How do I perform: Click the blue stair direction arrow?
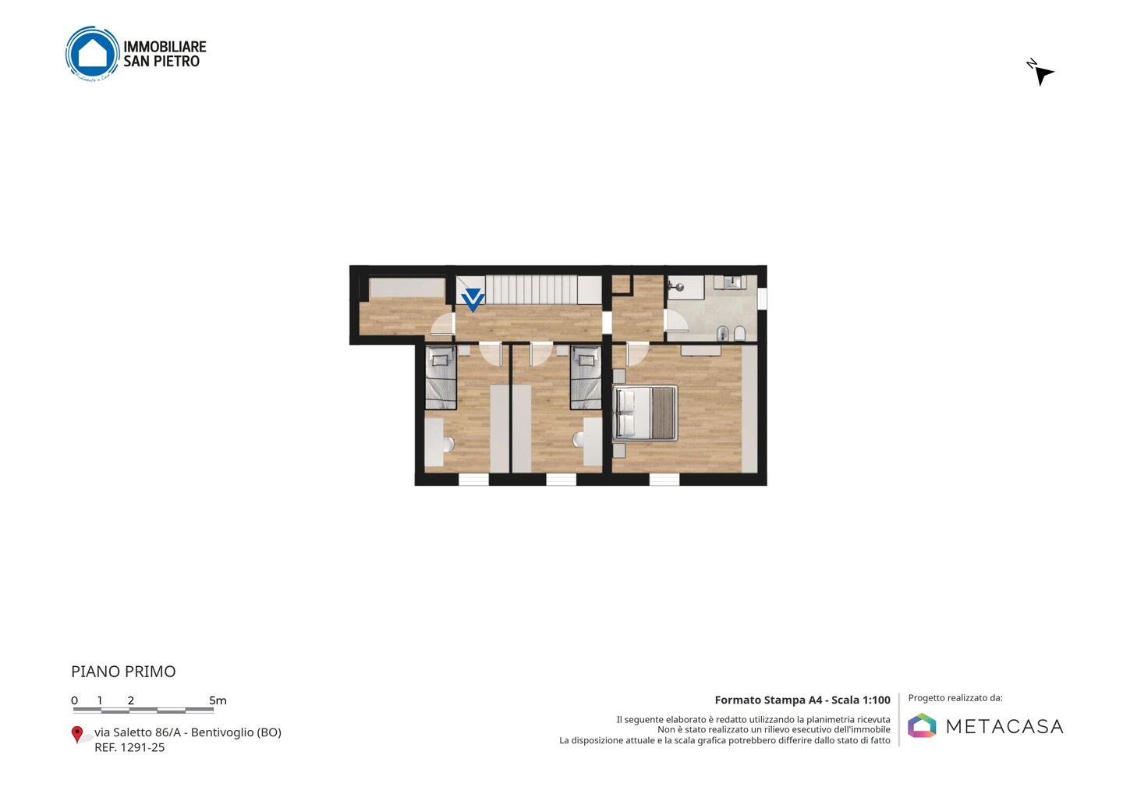[x=473, y=300]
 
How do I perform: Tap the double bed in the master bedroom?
[x=645, y=413]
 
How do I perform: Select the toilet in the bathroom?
[x=739, y=333]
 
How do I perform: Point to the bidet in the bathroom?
[x=722, y=333]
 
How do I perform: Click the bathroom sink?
[x=731, y=282]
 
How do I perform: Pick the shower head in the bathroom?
[x=678, y=287]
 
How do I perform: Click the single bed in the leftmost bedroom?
[x=441, y=378]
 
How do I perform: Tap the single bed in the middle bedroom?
[x=586, y=378]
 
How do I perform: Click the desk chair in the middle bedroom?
[x=578, y=440]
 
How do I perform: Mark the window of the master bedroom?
[x=664, y=479]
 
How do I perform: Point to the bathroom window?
[x=762, y=298]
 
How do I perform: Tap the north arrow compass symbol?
[x=1041, y=74]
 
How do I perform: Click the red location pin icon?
[x=76, y=735]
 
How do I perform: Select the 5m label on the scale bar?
[x=218, y=700]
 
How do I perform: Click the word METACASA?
[x=1004, y=726]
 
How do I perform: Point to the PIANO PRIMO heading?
[x=123, y=672]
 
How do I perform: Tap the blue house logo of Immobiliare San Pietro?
[x=93, y=53]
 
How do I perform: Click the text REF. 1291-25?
[x=129, y=747]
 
